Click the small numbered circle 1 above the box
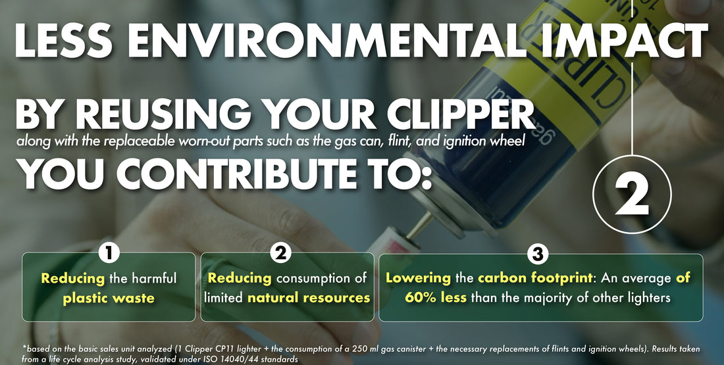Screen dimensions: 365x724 (108, 253)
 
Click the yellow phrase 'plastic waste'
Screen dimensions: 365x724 (109, 298)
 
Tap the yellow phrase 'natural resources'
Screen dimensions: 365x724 (309, 298)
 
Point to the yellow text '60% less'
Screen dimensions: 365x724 (436, 298)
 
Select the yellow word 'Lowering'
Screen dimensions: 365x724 (418, 278)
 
